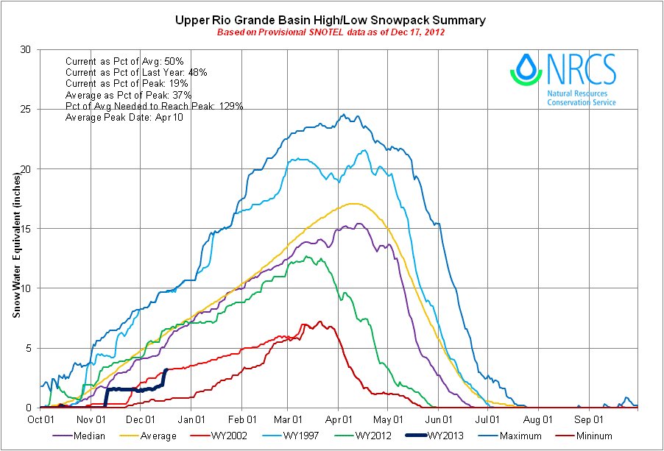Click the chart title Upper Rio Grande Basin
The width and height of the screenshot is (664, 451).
point(331,20)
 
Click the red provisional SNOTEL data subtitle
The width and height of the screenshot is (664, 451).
point(331,33)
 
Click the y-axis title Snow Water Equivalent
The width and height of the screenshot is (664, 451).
point(15,229)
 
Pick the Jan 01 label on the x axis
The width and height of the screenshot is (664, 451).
point(191,420)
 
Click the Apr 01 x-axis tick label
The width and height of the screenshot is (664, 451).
point(338,420)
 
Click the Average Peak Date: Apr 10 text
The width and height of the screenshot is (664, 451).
point(118,118)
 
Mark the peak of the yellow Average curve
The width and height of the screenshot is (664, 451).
point(353,204)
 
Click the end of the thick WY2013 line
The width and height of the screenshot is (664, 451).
point(166,370)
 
